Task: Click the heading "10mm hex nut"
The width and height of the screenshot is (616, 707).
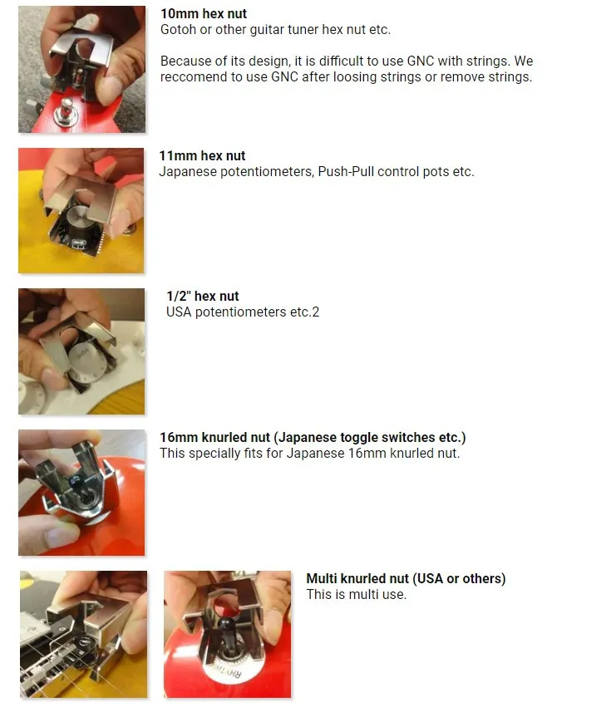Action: [x=204, y=14]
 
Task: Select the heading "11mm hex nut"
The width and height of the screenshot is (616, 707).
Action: [x=202, y=156]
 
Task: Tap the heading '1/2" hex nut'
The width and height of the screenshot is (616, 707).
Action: [x=203, y=297]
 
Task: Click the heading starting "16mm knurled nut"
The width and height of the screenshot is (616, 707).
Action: [x=313, y=437]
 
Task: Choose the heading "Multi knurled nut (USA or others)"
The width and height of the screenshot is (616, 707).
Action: [x=406, y=578]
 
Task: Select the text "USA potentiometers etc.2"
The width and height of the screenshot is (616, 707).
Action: [x=243, y=312]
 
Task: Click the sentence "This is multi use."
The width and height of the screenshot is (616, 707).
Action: [x=357, y=594]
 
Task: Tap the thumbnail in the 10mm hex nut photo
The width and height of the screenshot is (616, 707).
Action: [x=107, y=86]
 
